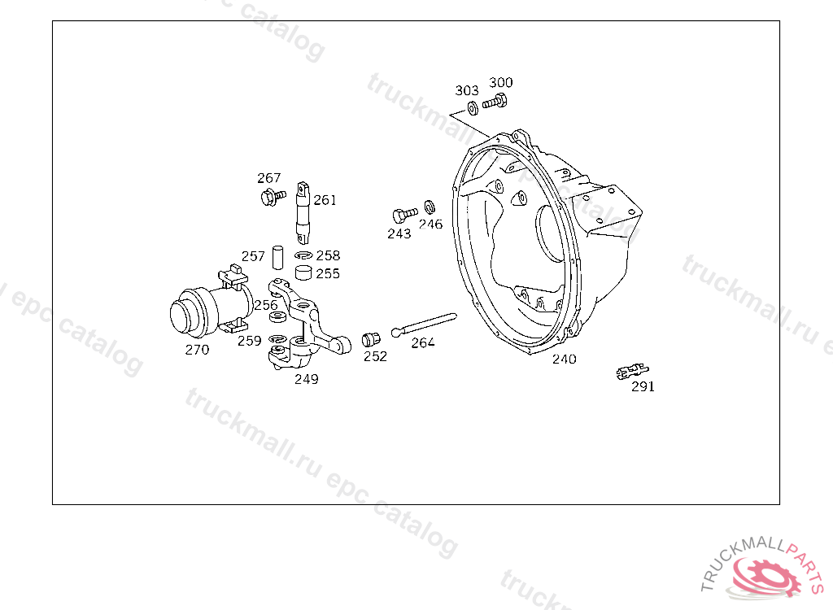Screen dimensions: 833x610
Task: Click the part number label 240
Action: [x=565, y=359]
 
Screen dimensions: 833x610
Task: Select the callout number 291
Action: [x=643, y=387]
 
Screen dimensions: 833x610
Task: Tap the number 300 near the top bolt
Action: [x=500, y=82]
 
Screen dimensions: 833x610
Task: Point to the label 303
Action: [x=466, y=90]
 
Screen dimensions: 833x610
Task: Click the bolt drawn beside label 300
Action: [x=495, y=101]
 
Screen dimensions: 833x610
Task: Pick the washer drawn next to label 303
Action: [x=473, y=108]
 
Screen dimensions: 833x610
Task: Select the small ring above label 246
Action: [x=430, y=207]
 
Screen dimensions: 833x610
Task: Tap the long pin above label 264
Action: [x=424, y=325]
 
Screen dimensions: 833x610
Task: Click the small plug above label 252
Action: [x=371, y=339]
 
